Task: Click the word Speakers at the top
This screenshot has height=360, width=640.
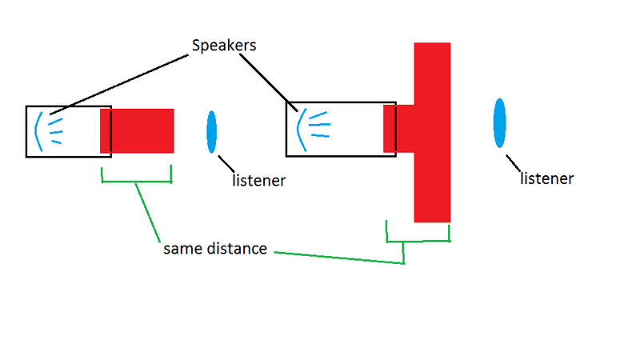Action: tap(224, 45)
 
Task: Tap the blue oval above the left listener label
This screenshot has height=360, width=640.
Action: tap(212, 132)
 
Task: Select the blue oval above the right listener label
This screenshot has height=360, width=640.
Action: tap(499, 123)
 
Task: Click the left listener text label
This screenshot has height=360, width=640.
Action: tap(258, 181)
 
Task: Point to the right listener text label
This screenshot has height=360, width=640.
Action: tap(547, 178)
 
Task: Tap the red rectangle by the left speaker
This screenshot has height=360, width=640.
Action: tap(138, 130)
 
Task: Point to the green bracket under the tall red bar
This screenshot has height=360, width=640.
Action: tap(418, 239)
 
